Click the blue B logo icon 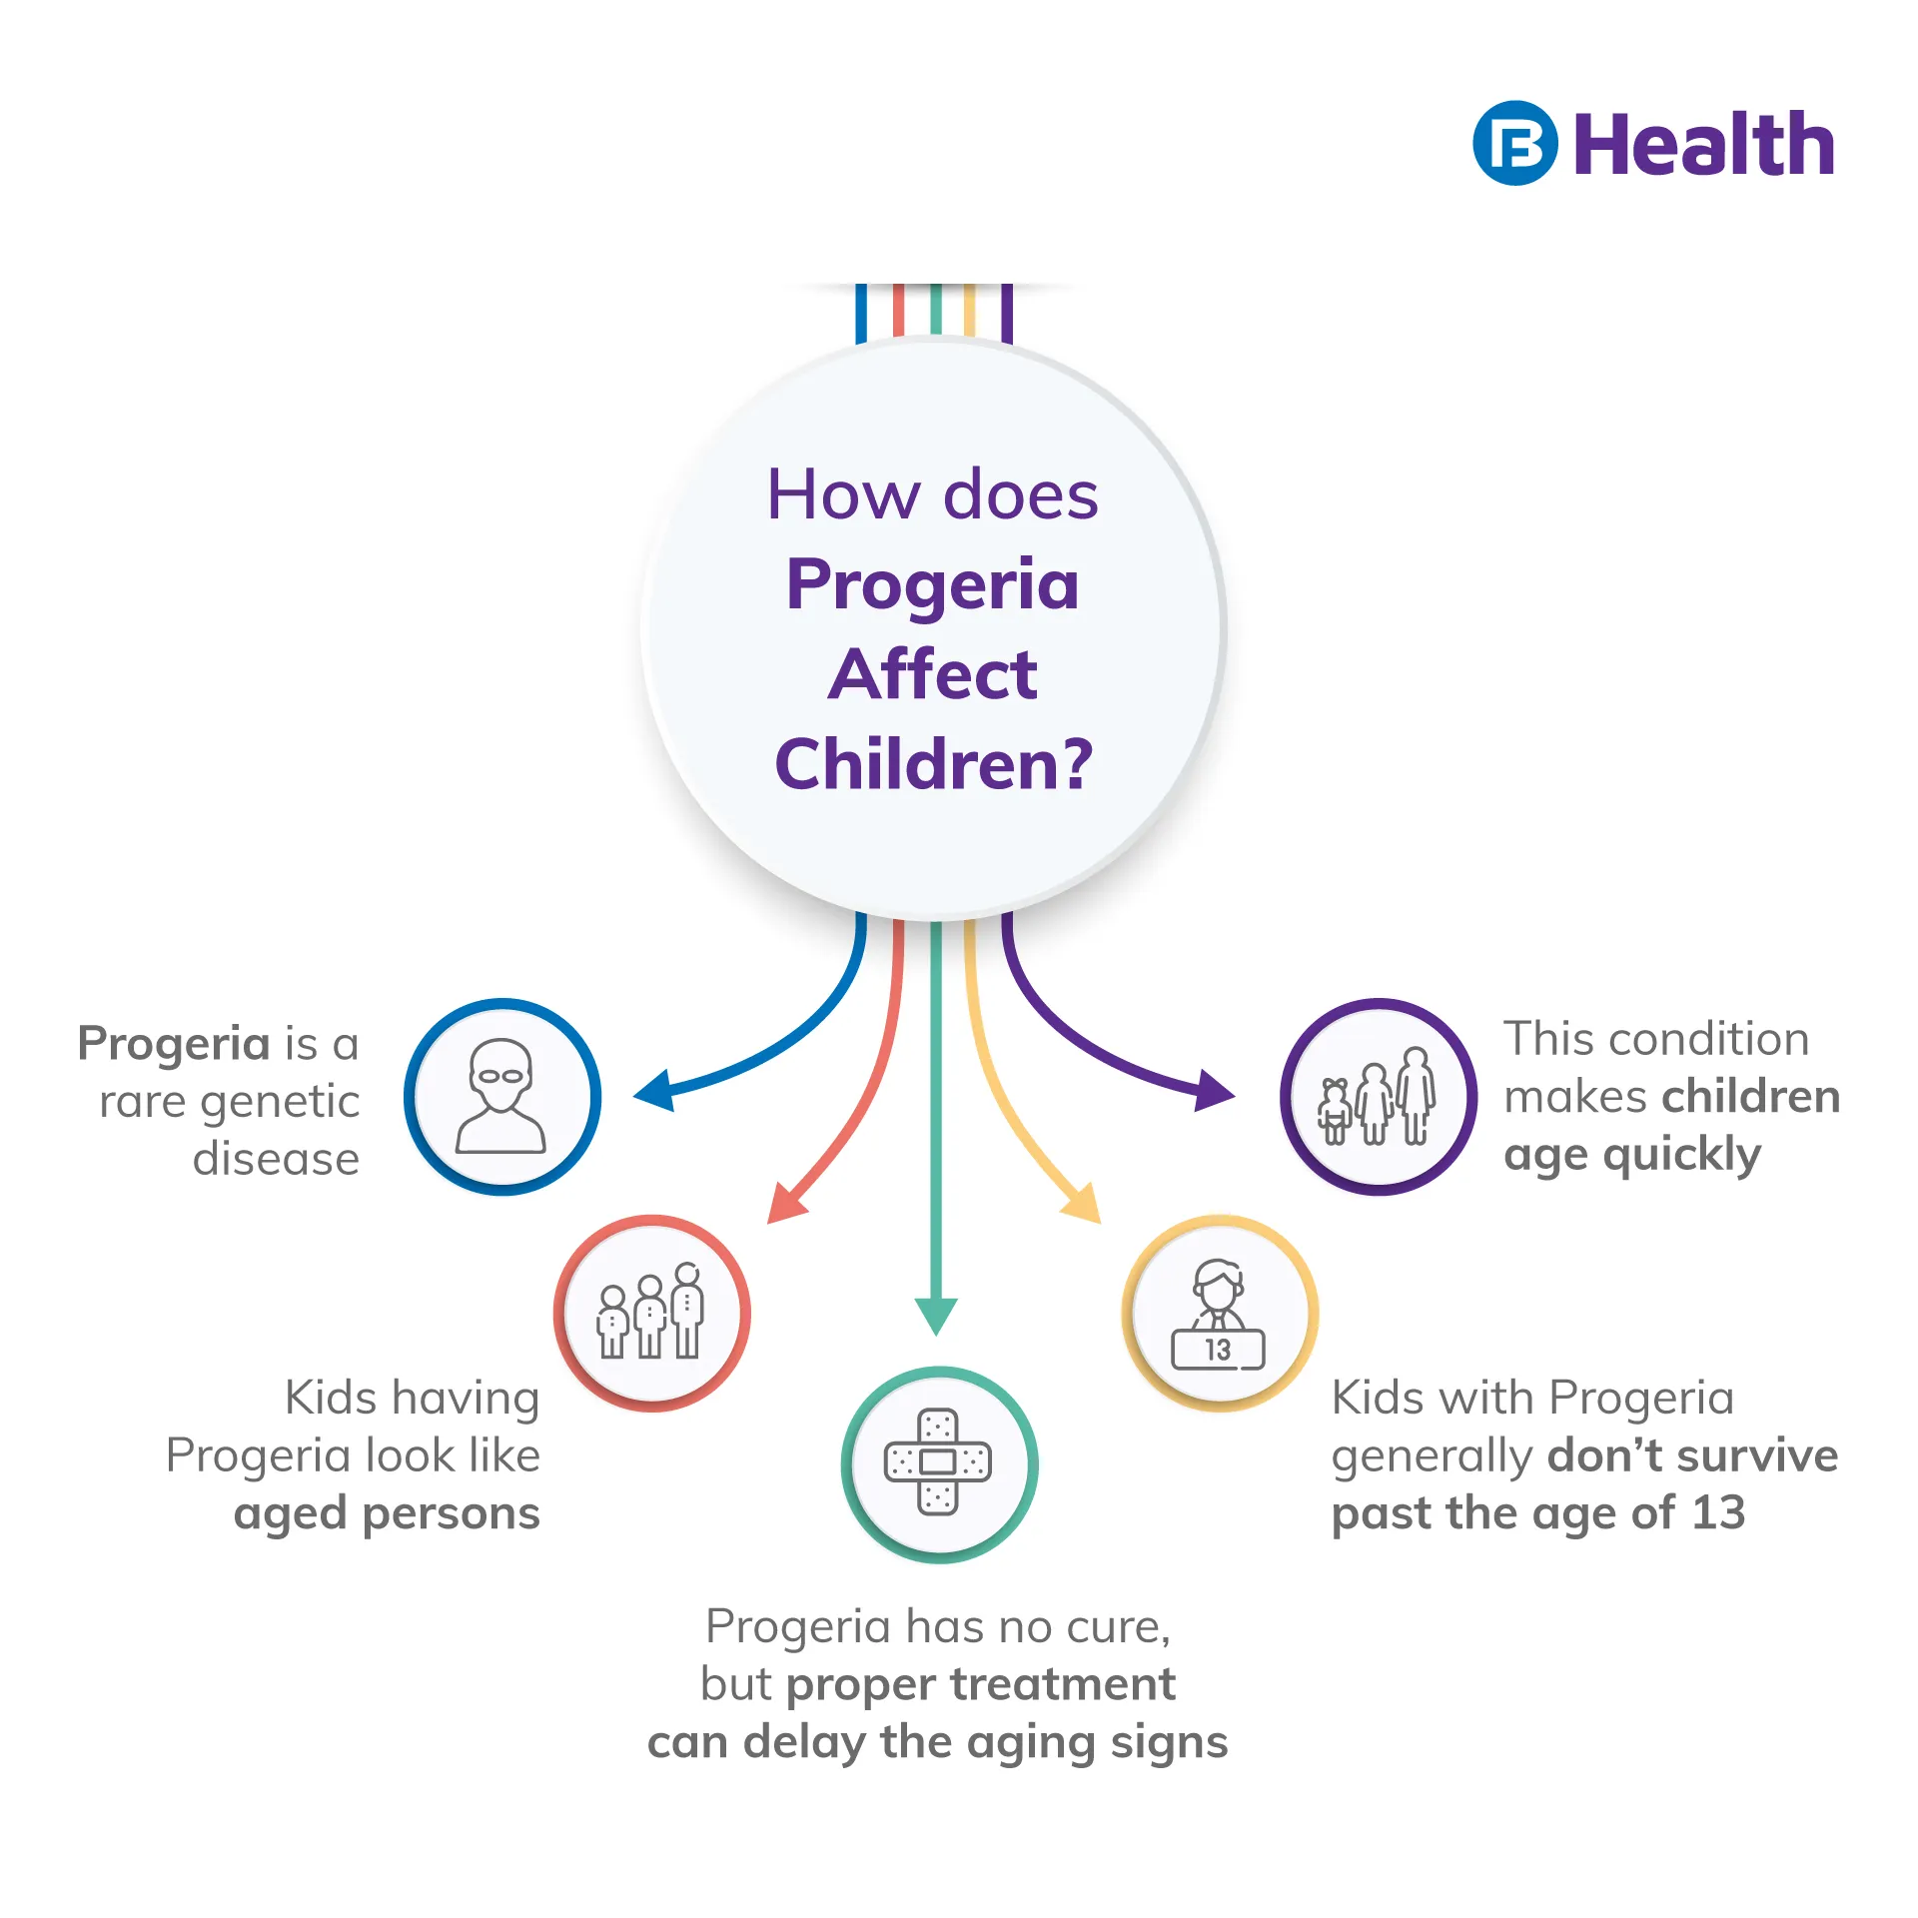(1514, 143)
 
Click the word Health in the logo (1704, 144)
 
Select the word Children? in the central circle (934, 764)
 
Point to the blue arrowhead (655, 1091)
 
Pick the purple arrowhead (1215, 1091)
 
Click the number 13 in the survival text (1718, 1512)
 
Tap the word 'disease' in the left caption (276, 1159)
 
